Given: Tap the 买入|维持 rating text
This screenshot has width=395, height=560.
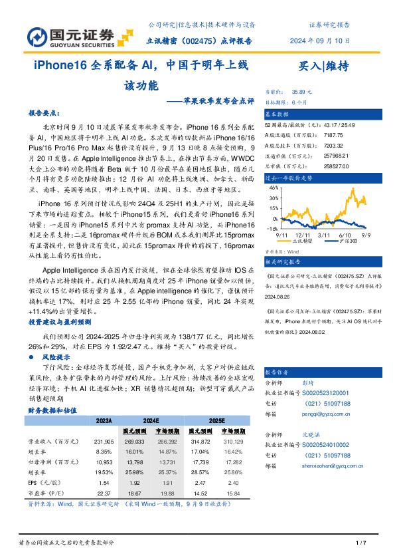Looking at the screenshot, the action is tap(324, 65).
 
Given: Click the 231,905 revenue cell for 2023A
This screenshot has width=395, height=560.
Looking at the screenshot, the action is tap(104, 441).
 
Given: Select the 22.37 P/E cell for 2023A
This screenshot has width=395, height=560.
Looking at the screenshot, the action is tap(104, 493).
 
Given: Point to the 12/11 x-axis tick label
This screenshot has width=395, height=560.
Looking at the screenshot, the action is tap(304, 234).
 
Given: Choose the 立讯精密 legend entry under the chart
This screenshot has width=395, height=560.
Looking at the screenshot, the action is tap(301, 241).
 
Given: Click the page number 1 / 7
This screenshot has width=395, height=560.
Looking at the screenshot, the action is tap(361, 543).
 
